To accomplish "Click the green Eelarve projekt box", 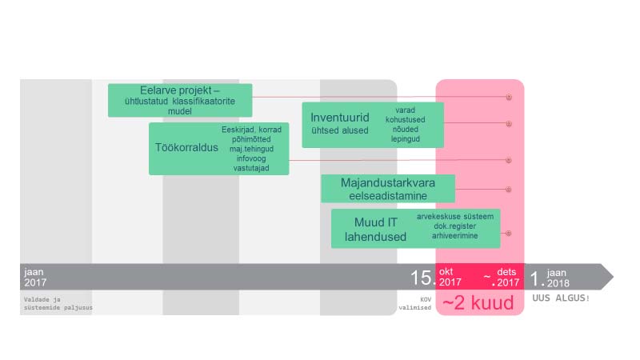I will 180,100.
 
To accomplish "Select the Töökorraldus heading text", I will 182,148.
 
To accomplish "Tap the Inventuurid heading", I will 340,118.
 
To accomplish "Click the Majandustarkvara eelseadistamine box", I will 388,189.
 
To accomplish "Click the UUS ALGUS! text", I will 561,298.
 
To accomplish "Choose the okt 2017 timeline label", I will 450,277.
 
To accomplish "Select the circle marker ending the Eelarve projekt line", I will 508,96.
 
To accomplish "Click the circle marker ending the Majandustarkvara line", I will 508,190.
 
